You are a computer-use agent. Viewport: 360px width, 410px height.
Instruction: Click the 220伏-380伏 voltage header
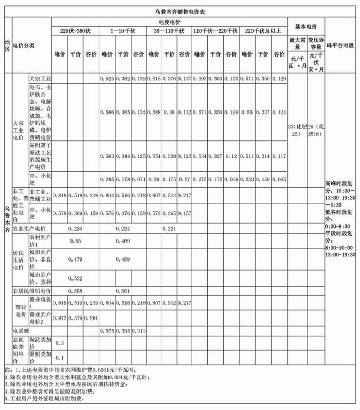pos(75,31)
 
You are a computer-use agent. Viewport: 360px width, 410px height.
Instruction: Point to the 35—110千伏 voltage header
pos(169,31)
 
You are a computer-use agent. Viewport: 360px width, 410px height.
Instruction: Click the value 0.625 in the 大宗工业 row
pos(106,78)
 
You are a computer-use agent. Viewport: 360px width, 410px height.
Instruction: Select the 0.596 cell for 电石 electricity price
pos(106,111)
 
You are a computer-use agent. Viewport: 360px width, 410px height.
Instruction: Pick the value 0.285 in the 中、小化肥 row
pos(106,179)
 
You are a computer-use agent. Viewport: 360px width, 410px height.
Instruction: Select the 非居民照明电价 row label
pos(32,291)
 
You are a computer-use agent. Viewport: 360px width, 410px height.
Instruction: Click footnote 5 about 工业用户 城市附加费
pos(46,398)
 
